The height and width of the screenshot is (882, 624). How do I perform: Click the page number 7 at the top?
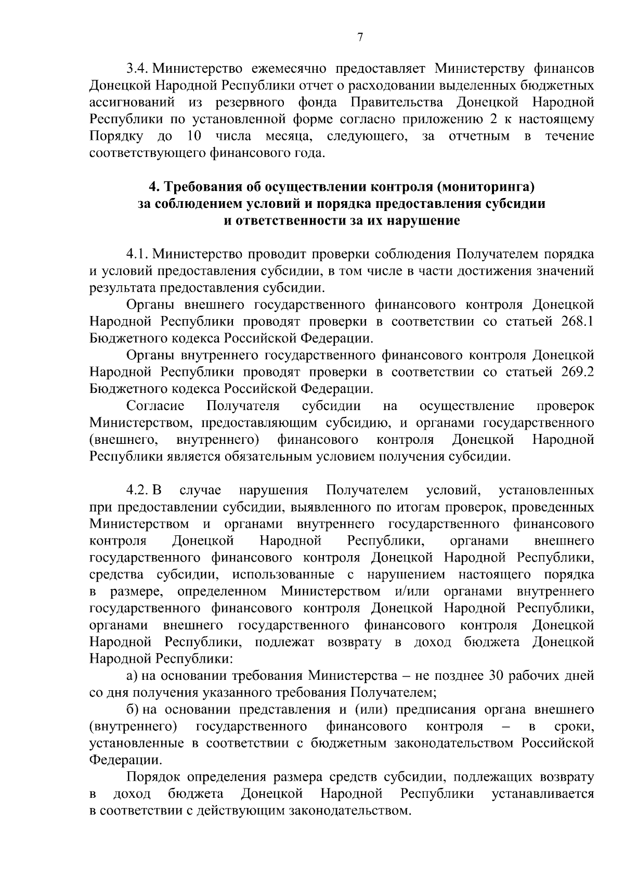(x=360, y=36)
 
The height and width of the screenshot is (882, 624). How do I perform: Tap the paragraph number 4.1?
(x=137, y=254)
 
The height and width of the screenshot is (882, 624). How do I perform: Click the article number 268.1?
(x=578, y=322)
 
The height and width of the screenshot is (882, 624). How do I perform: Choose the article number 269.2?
(x=578, y=372)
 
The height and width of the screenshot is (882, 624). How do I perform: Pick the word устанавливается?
(x=543, y=794)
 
